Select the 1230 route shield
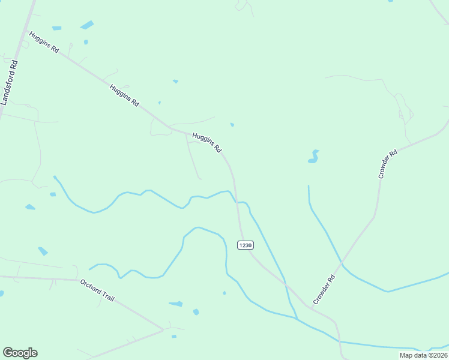(x=245, y=245)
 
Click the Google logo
(x=20, y=353)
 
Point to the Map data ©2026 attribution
(x=423, y=355)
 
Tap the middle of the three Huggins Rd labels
(x=124, y=96)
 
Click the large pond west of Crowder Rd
(x=313, y=157)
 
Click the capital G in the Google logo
(x=8, y=353)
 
